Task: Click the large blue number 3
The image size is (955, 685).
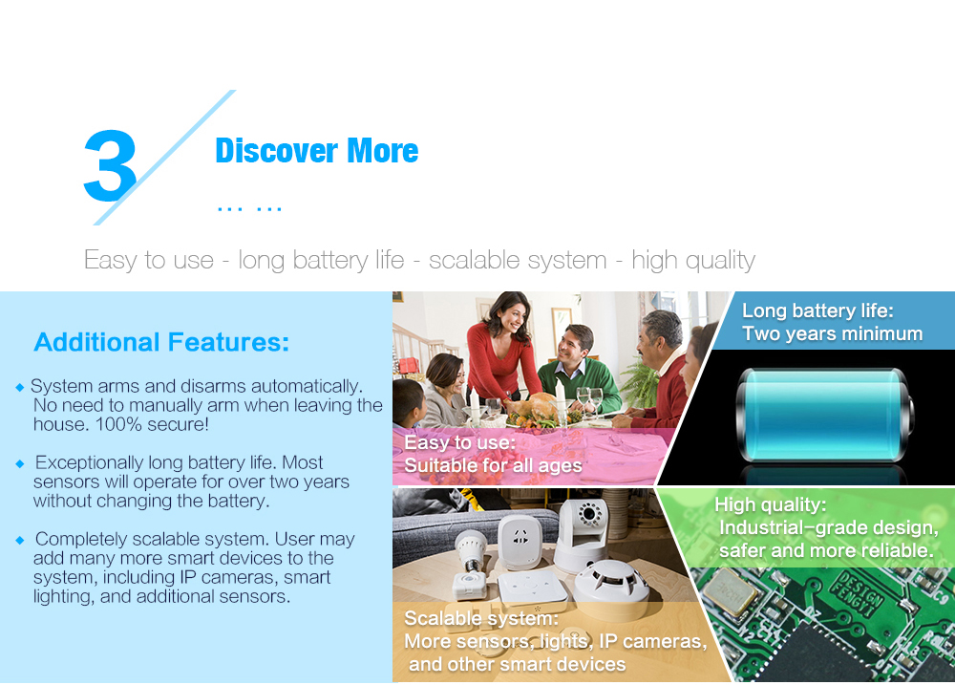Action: click(110, 165)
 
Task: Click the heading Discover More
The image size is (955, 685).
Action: click(317, 151)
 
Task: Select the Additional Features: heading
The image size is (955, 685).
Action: click(161, 342)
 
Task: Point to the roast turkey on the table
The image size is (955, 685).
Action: click(531, 409)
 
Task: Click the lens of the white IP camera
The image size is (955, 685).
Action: click(589, 515)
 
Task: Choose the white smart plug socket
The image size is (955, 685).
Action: click(520, 541)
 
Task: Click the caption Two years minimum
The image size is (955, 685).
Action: click(832, 333)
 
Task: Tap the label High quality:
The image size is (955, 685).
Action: click(770, 504)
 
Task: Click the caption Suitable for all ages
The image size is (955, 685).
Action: click(493, 465)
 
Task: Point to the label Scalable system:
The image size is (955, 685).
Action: click(481, 618)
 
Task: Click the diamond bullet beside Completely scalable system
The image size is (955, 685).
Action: click(20, 540)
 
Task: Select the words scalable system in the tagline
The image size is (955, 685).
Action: click(518, 260)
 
